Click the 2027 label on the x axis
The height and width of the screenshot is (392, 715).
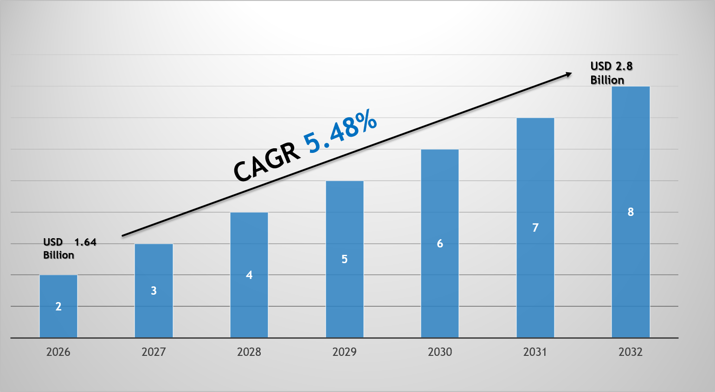tap(154, 352)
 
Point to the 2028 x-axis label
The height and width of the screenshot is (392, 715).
tap(249, 352)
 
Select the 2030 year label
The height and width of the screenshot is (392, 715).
tap(440, 352)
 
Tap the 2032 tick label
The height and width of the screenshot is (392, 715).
tap(631, 352)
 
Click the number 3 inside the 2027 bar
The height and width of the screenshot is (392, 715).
tap(154, 291)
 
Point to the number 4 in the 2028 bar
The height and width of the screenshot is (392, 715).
tap(249, 275)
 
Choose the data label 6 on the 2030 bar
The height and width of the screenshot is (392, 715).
tap(440, 244)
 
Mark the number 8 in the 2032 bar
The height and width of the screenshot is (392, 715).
tap(631, 212)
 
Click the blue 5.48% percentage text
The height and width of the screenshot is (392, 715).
tap(340, 131)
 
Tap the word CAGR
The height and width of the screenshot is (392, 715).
tap(266, 162)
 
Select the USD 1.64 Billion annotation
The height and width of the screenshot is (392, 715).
tap(69, 248)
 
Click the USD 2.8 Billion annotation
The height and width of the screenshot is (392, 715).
tap(611, 73)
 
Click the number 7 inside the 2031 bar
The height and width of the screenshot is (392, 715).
tap(535, 228)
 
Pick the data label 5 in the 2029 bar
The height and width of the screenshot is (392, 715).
tap(344, 259)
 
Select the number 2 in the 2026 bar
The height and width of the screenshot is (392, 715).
tap(58, 307)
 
